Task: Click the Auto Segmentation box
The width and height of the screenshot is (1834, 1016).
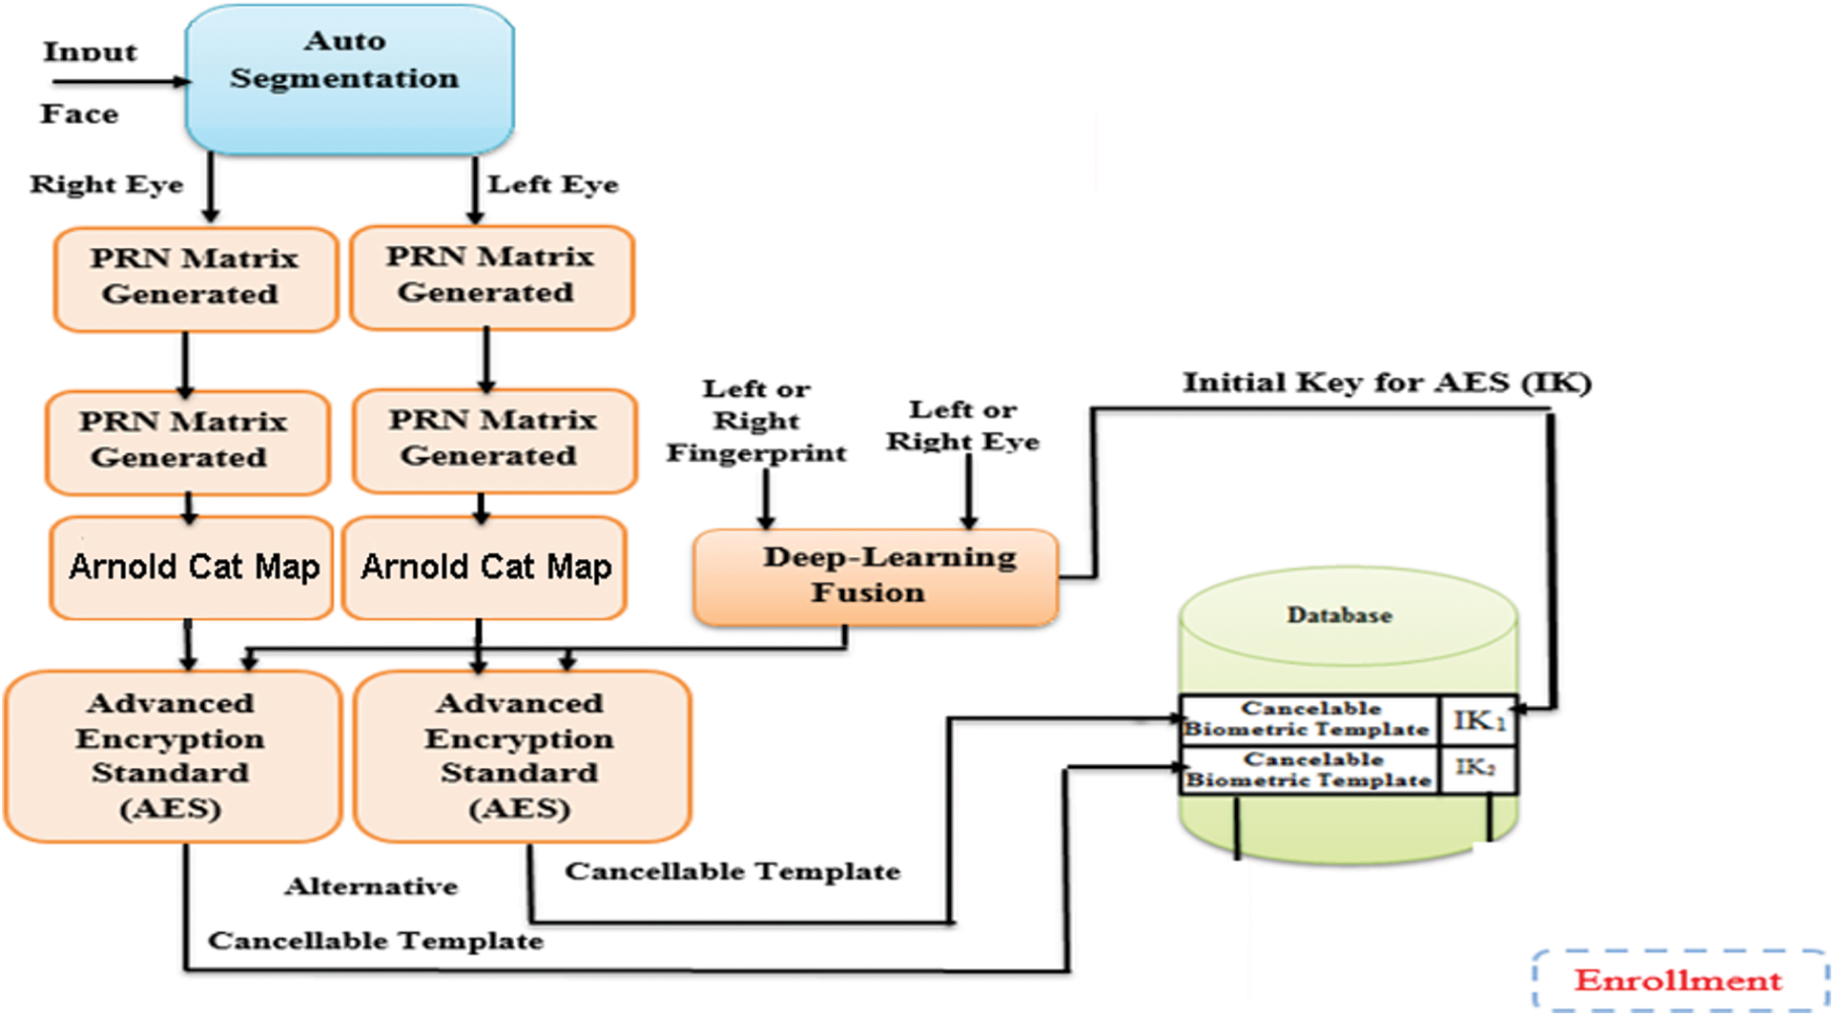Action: click(349, 78)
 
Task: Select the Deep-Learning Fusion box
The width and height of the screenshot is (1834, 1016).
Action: click(876, 576)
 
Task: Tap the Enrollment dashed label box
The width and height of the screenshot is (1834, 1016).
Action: click(1679, 980)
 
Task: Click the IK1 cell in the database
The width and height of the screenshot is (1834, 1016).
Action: click(1478, 720)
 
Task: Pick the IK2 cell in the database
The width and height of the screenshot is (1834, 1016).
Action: click(1476, 769)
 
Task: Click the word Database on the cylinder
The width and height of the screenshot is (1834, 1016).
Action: click(1339, 615)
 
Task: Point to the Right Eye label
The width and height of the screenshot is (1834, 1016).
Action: click(106, 184)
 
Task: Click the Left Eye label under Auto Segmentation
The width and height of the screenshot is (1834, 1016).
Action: click(553, 184)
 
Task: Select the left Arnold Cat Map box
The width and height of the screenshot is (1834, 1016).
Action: click(192, 568)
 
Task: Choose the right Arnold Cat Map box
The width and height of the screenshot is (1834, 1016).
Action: click(484, 568)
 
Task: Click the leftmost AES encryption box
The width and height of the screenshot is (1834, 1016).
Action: click(172, 756)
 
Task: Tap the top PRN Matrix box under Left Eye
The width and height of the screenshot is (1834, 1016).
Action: click(490, 276)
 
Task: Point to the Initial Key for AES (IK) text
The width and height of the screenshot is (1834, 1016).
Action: click(1386, 384)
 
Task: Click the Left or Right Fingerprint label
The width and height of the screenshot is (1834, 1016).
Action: click(756, 421)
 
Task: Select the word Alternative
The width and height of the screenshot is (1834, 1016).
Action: click(371, 887)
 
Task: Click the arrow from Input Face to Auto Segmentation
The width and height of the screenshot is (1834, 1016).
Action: click(119, 82)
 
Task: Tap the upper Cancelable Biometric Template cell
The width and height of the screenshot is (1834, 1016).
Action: click(1308, 719)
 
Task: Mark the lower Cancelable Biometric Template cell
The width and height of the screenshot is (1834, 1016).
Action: click(1309, 770)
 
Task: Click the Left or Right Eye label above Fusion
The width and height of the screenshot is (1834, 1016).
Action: click(962, 425)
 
